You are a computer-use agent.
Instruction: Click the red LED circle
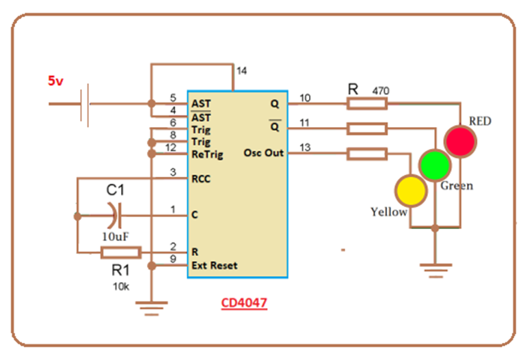tap(459, 141)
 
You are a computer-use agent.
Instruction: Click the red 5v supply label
tap(55, 81)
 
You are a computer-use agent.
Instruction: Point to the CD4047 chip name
tap(243, 303)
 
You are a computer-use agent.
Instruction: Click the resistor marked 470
tap(367, 104)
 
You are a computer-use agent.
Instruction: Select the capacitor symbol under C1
tap(114, 216)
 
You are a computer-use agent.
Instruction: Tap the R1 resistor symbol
tap(120, 253)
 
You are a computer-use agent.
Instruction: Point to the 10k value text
tap(121, 287)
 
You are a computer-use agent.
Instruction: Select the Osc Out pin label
tap(263, 153)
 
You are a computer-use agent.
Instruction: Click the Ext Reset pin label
tap(215, 265)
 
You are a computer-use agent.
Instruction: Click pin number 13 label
tap(305, 146)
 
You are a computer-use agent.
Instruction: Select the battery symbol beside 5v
tap(84, 104)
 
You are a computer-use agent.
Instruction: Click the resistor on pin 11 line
tap(367, 128)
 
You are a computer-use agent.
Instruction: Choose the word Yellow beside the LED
tap(388, 212)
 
